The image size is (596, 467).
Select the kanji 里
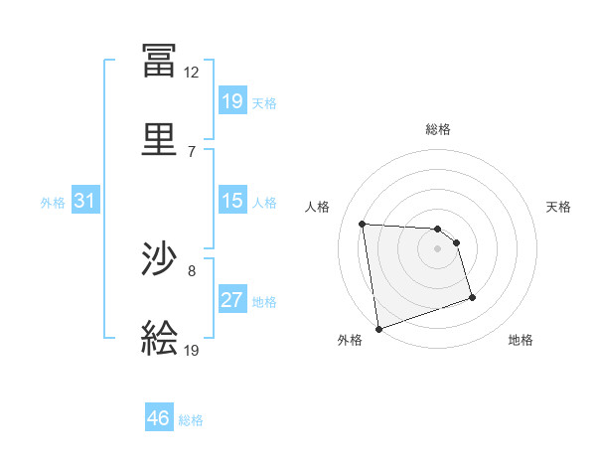159,139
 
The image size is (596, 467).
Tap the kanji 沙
159,260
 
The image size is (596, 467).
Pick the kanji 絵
159,338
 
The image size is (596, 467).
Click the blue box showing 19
231,100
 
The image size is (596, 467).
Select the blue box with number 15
231,201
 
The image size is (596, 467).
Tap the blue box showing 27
231,300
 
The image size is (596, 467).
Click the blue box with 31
85,202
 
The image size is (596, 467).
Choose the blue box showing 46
159,418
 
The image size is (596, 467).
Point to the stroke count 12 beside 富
192,73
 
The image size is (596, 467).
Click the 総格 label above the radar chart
438,129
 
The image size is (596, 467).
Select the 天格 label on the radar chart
559,207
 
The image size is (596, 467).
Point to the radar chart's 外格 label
350,340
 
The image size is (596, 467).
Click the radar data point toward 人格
363,224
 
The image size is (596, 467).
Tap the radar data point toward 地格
472,297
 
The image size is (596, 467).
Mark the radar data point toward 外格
378,328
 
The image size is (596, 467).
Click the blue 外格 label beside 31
53,203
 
